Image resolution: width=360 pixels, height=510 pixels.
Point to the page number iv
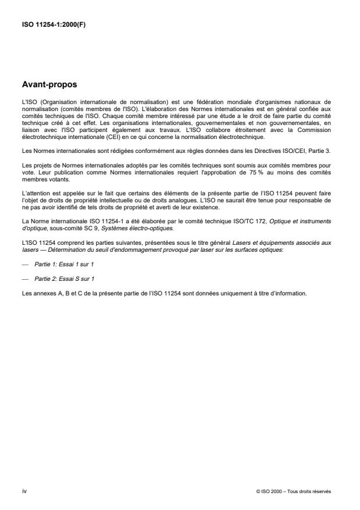[24, 491]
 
